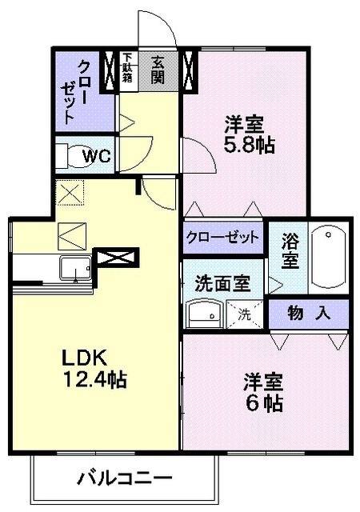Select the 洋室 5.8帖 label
click(250, 134)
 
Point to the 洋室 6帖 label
click(263, 393)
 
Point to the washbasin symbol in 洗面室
click(202, 314)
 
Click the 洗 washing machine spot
click(244, 314)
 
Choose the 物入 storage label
click(309, 313)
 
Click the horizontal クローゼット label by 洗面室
click(223, 238)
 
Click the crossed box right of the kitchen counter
click(117, 258)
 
